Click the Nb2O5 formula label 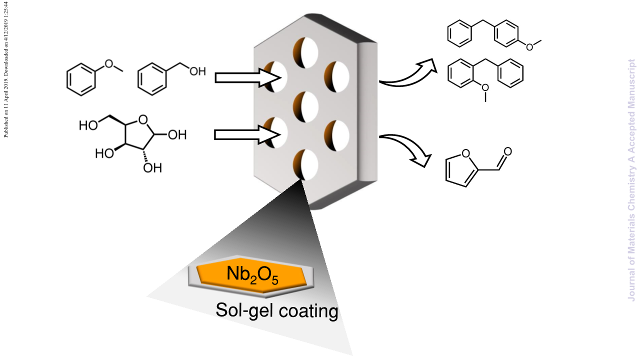pyautogui.click(x=252, y=275)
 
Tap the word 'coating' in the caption pyautogui.click(x=308, y=310)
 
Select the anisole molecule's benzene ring pyautogui.click(x=81, y=79)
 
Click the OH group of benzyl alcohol pyautogui.click(x=197, y=71)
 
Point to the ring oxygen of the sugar pyautogui.click(x=143, y=120)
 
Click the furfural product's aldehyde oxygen pyautogui.click(x=507, y=151)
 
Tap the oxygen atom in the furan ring pyautogui.click(x=465, y=153)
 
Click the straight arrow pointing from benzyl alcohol pyautogui.click(x=247, y=77)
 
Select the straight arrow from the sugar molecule pyautogui.click(x=247, y=134)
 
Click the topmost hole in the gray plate pyautogui.click(x=305, y=53)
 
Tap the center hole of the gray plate pyautogui.click(x=305, y=107)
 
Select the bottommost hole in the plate pyautogui.click(x=305, y=164)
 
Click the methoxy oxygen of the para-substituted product pyautogui.click(x=529, y=47)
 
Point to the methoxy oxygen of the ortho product pyautogui.click(x=485, y=87)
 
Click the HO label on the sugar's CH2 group pyautogui.click(x=88, y=125)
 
